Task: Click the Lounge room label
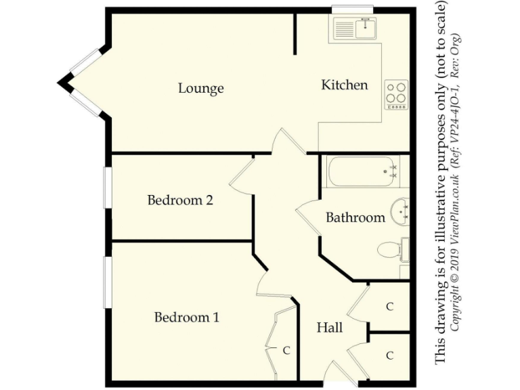(x=201, y=89)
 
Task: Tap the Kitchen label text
(x=344, y=85)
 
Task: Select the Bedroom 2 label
(x=180, y=200)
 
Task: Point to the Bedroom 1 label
(x=186, y=318)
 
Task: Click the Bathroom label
(x=355, y=218)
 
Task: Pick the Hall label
(x=330, y=328)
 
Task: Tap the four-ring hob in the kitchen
(x=396, y=95)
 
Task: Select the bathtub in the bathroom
(x=363, y=172)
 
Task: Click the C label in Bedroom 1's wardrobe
(x=286, y=351)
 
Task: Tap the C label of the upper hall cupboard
(x=389, y=307)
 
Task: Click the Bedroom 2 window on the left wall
(x=107, y=188)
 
